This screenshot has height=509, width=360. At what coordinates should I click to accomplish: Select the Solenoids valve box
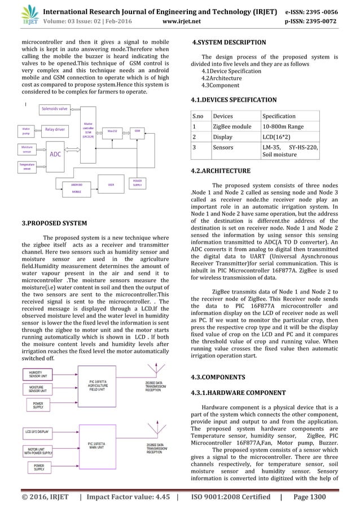coord(55,108)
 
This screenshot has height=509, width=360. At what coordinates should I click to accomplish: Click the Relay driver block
coord(55,129)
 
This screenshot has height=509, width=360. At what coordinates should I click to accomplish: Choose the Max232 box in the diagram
coord(112,130)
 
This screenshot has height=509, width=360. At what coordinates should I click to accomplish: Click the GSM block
coord(137,130)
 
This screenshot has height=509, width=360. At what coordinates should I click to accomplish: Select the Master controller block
coord(87,129)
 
